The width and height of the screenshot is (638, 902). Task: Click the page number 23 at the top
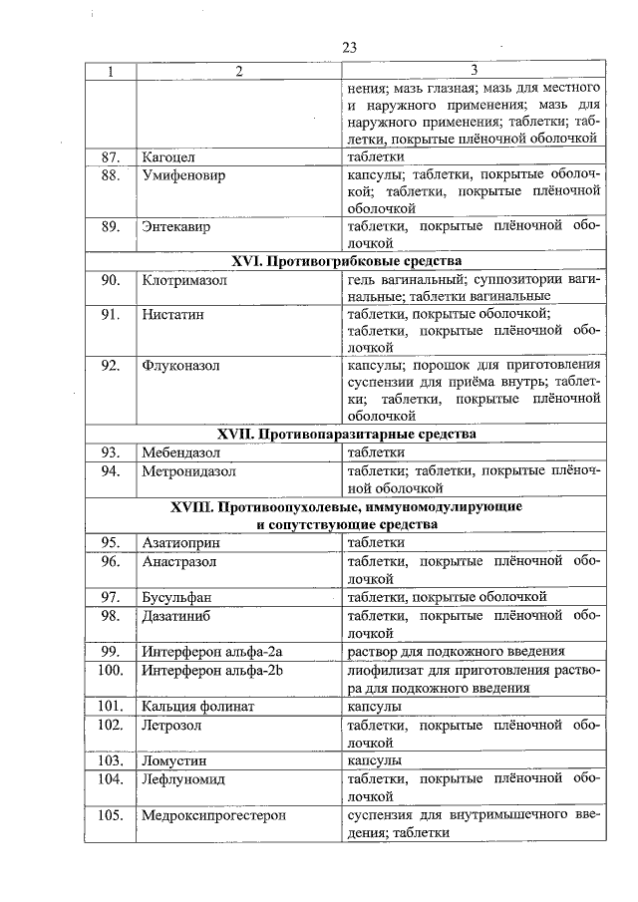pyautogui.click(x=349, y=47)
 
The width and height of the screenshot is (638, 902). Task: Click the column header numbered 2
pyautogui.click(x=238, y=70)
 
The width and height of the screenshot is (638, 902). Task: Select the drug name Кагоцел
pyautogui.click(x=168, y=156)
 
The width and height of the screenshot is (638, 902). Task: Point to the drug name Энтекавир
pyautogui.click(x=175, y=226)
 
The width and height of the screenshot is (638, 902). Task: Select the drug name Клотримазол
pyautogui.click(x=183, y=280)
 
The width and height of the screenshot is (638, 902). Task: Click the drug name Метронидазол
pyautogui.click(x=187, y=470)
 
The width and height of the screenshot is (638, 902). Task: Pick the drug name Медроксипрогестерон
pyautogui.click(x=213, y=814)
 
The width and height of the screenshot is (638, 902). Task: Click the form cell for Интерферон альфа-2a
pyautogui.click(x=457, y=652)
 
